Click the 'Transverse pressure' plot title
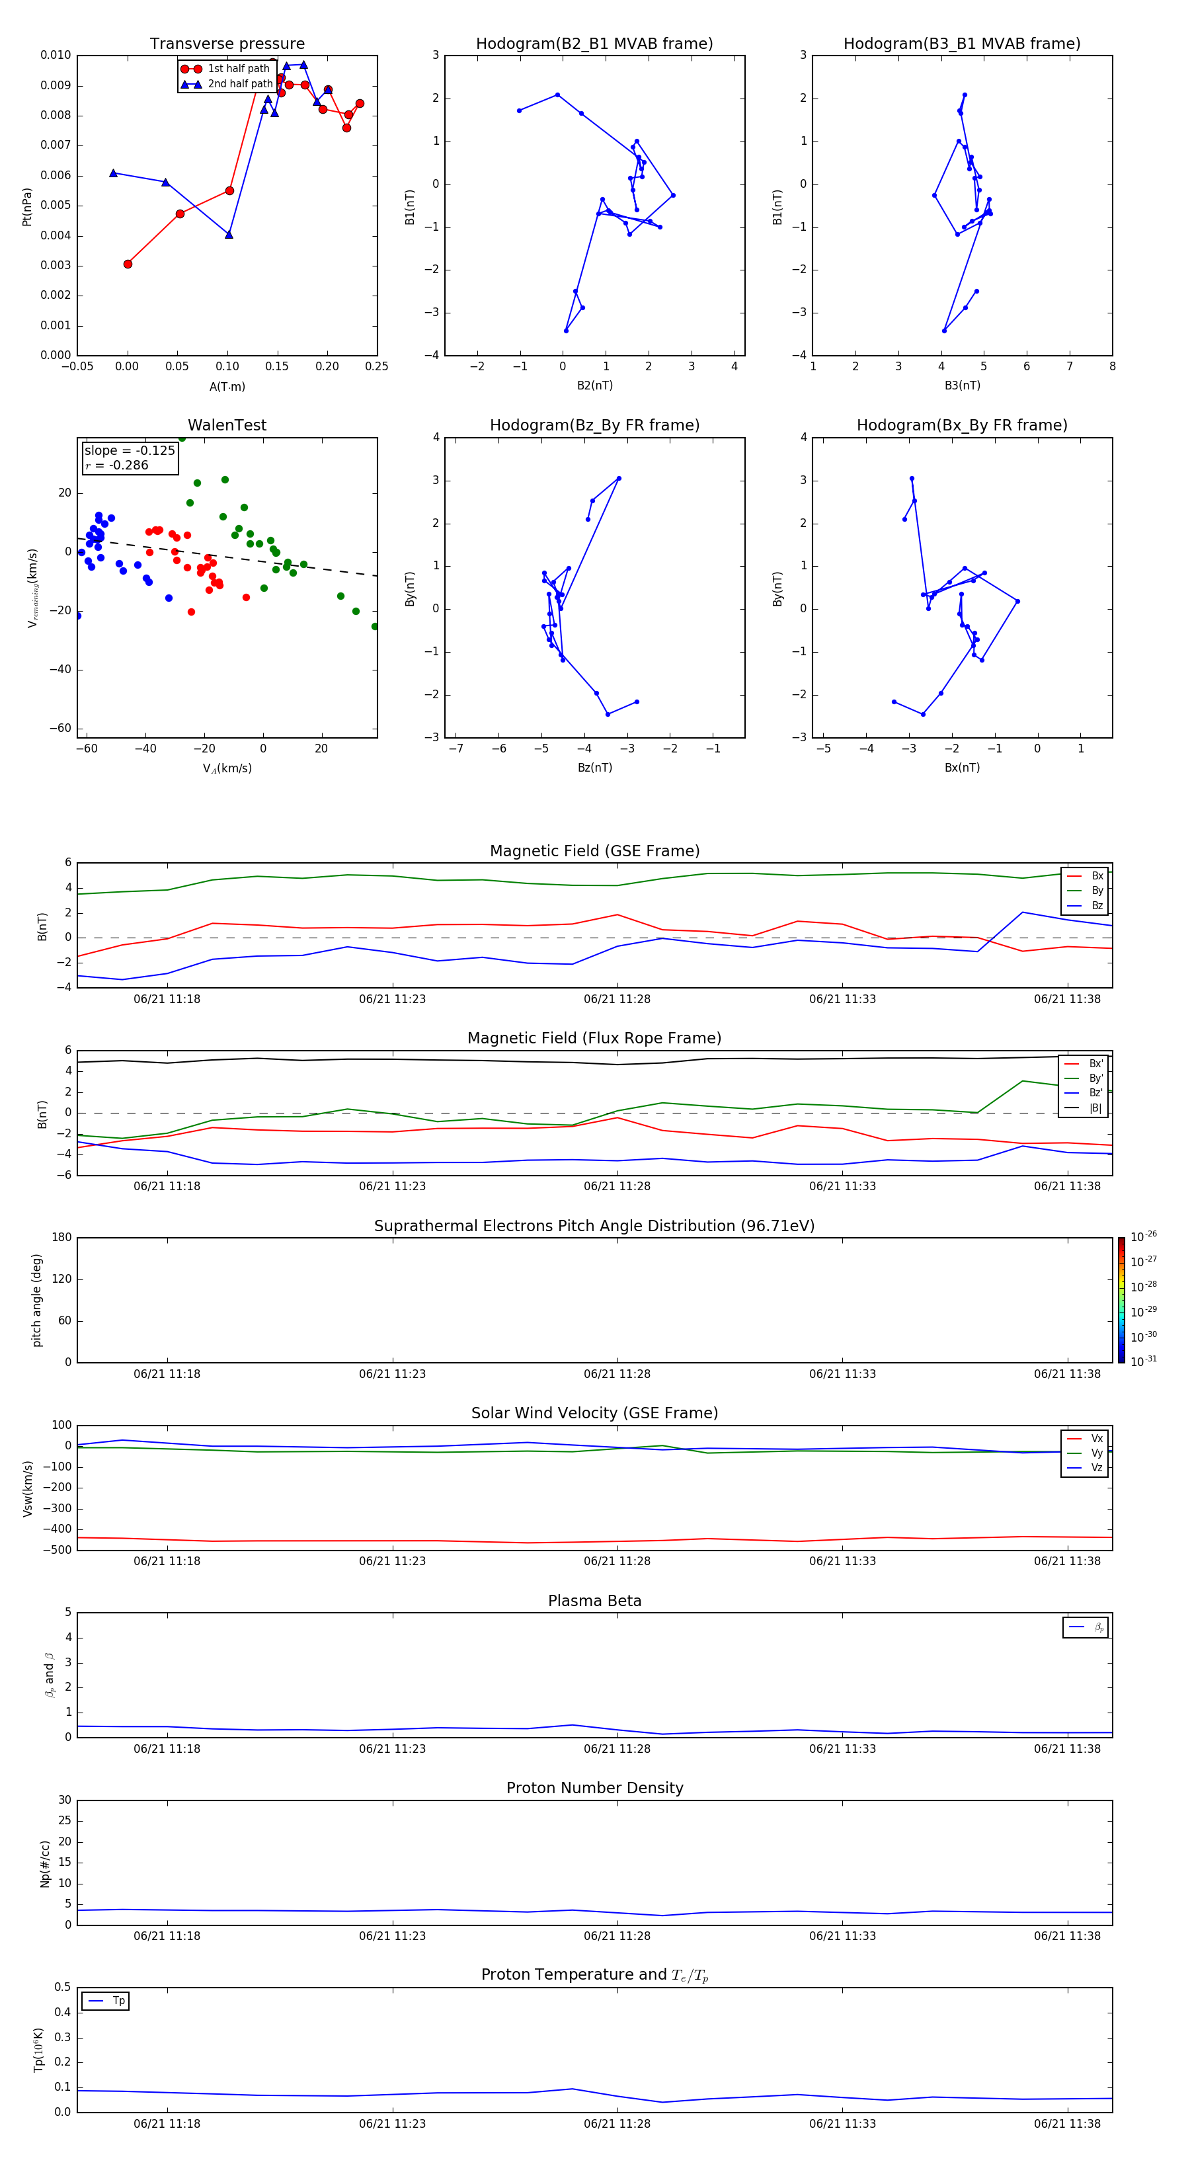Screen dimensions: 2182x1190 coord(227,44)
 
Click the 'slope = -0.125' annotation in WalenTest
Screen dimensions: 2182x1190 coord(130,451)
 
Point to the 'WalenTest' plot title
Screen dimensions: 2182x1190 coord(227,425)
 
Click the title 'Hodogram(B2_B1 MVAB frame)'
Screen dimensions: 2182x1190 coord(594,44)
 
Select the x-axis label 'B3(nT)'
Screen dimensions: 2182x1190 coord(962,385)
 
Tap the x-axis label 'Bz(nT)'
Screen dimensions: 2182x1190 coord(594,768)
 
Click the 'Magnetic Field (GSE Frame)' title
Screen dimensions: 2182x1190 coord(594,851)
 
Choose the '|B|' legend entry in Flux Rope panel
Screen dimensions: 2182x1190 coord(1095,1108)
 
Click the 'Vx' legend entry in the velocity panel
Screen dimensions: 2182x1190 coord(1096,1438)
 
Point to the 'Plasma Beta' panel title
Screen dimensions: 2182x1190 coord(594,1601)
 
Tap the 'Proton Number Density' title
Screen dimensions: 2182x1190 coord(594,1788)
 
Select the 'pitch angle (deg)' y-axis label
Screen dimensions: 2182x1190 coord(36,1300)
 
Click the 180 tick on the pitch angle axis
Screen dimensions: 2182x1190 coord(62,1238)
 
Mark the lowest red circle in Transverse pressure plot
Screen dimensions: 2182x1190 coord(128,264)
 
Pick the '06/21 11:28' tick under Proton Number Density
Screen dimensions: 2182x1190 coord(617,1935)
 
